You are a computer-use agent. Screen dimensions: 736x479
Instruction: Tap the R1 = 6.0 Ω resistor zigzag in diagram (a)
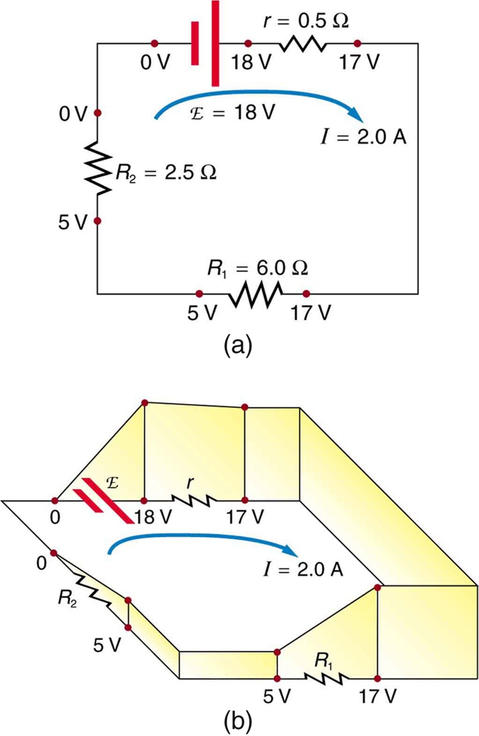click(x=254, y=294)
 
